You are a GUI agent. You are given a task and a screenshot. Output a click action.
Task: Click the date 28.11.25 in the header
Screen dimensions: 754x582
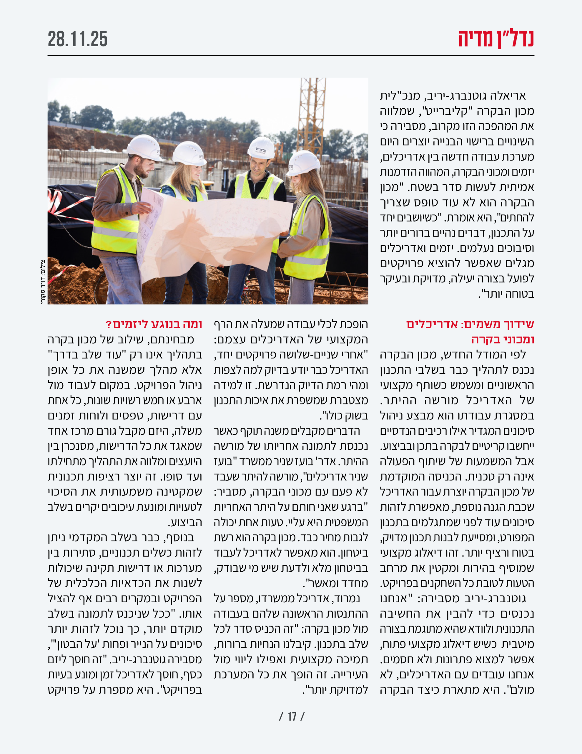coord(78,39)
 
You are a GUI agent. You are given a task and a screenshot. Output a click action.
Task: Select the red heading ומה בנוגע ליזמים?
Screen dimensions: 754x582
coord(154,325)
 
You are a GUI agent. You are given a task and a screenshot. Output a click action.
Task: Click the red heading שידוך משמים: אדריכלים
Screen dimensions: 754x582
coord(470,325)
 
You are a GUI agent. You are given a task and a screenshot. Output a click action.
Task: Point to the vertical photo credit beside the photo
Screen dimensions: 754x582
coord(42,281)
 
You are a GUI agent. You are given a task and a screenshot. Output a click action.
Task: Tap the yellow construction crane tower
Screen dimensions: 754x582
coord(311,114)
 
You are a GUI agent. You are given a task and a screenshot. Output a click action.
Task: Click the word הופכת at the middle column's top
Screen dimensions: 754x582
coord(354,325)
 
